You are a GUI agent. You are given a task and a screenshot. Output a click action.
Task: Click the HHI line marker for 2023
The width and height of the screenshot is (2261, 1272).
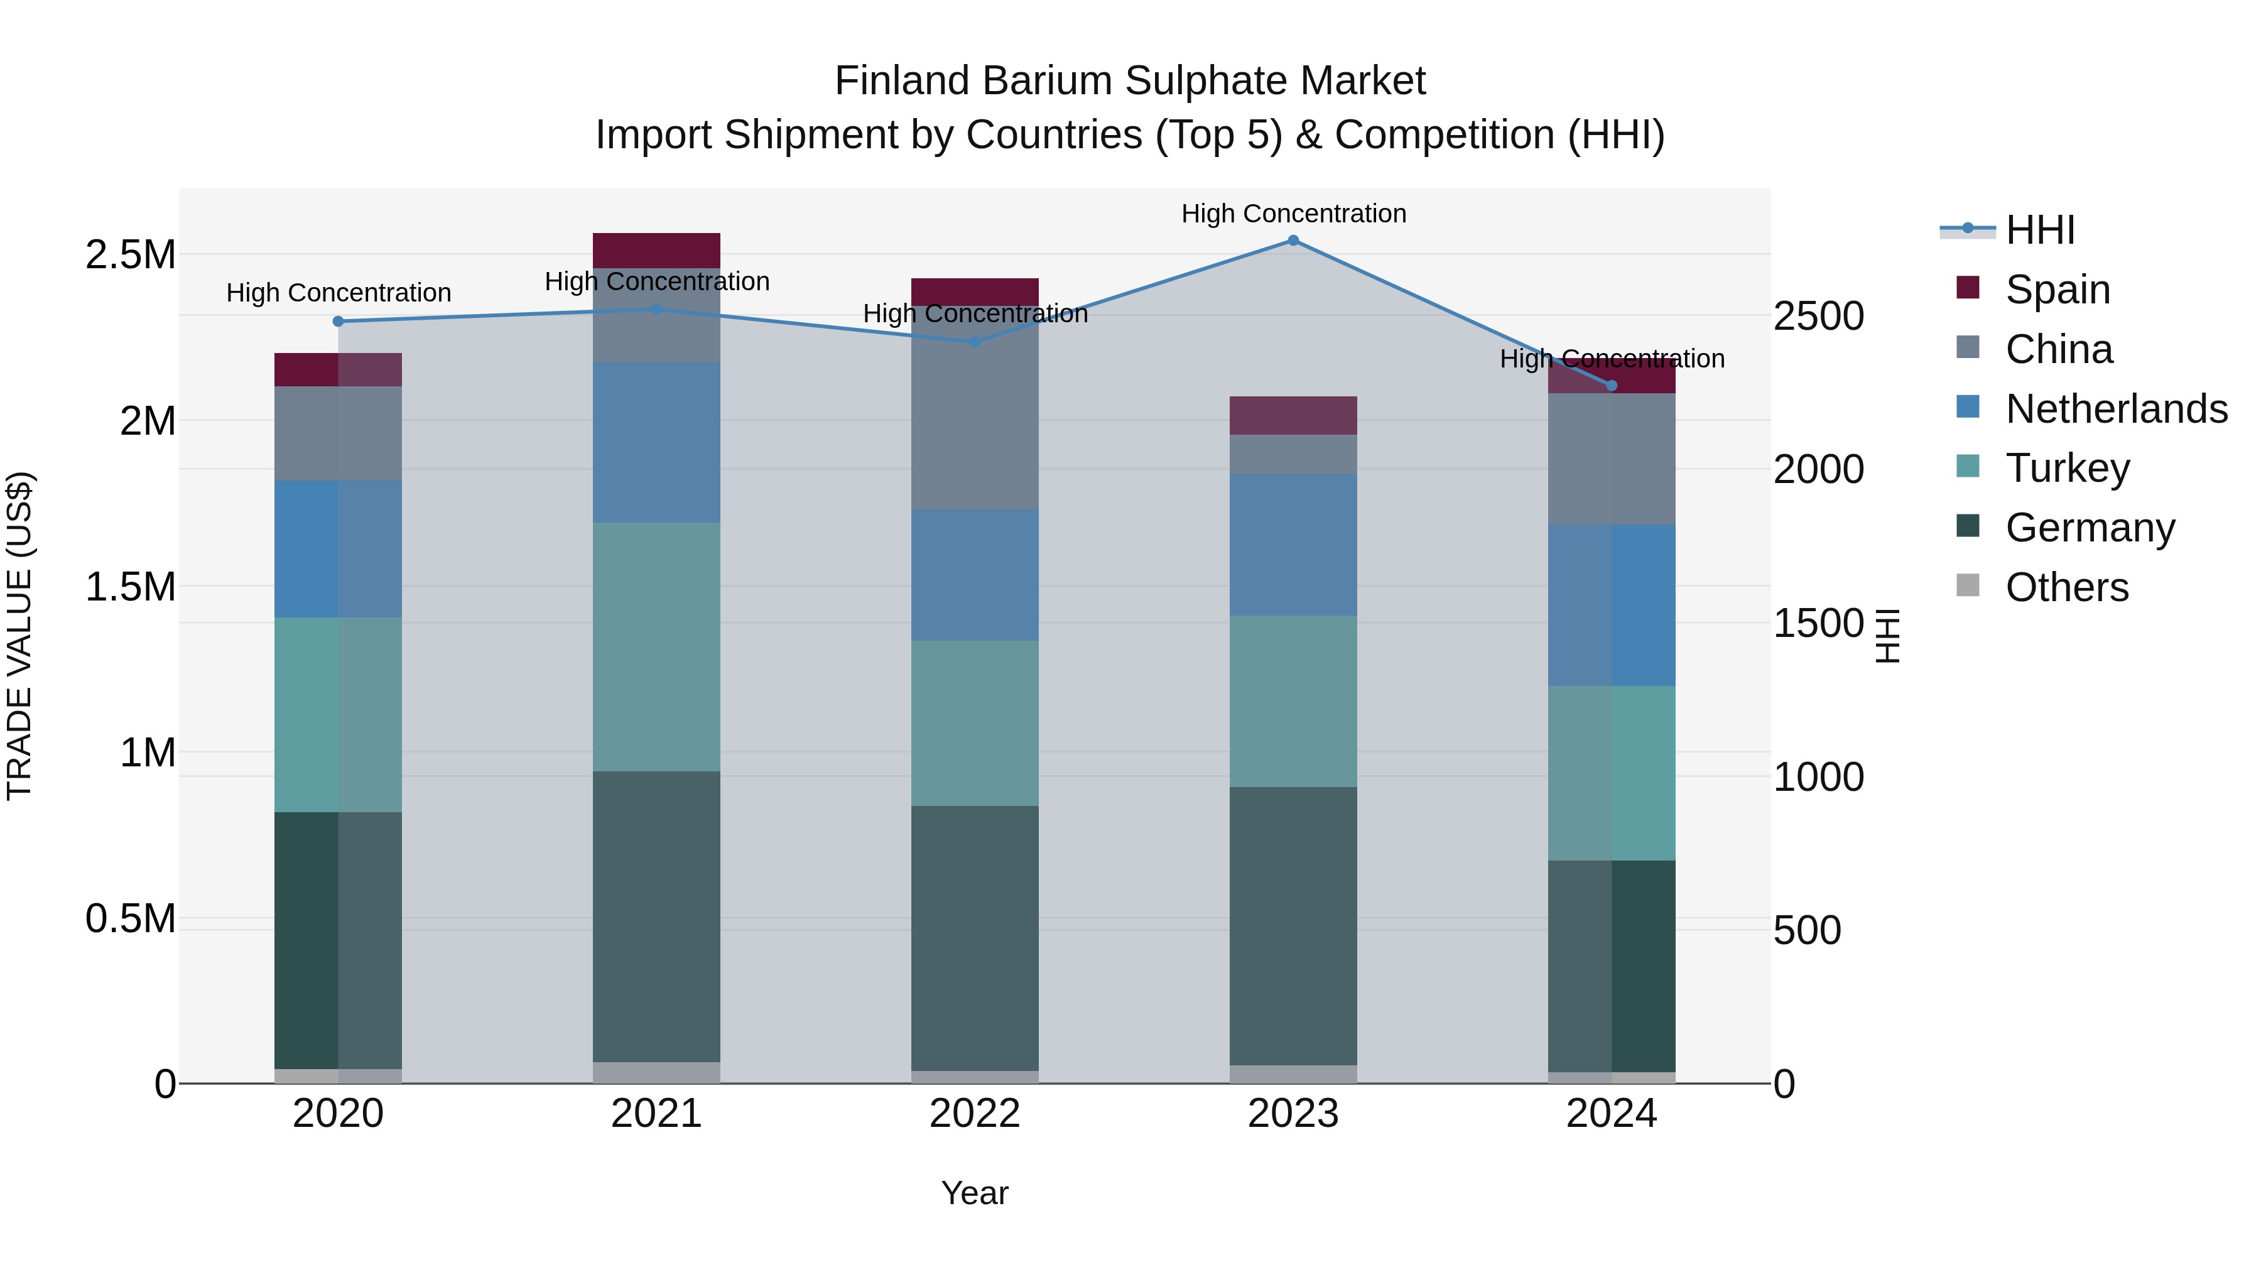(1293, 241)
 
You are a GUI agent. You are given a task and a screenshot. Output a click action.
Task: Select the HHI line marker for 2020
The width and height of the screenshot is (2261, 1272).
(339, 321)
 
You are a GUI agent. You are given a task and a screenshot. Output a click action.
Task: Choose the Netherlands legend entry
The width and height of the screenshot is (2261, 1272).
(2115, 409)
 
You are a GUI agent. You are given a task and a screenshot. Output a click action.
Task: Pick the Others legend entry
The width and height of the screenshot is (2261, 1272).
(2066, 587)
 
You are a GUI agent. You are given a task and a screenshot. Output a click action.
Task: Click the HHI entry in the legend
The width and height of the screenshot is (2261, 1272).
(2040, 230)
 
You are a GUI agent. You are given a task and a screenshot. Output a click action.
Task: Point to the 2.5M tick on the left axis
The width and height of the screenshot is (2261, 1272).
(130, 254)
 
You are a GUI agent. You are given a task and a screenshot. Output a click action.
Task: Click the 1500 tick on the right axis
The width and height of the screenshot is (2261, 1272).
(1818, 623)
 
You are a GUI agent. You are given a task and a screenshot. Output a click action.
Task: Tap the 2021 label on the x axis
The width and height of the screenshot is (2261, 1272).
(656, 1114)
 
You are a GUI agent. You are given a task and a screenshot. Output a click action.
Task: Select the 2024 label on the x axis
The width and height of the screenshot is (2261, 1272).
(1612, 1114)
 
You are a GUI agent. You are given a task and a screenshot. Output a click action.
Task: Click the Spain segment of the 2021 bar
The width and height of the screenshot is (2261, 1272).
(656, 250)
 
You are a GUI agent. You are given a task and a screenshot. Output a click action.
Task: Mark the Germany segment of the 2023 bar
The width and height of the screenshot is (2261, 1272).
(1293, 926)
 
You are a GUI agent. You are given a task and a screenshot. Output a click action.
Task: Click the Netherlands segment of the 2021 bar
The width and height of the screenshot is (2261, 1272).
(656, 442)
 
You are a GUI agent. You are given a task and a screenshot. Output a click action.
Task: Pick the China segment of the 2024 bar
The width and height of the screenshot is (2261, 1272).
(1612, 459)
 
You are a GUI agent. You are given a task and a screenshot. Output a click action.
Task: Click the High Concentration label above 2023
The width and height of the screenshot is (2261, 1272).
(1294, 214)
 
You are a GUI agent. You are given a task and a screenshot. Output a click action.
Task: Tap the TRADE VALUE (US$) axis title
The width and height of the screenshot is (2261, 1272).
(19, 636)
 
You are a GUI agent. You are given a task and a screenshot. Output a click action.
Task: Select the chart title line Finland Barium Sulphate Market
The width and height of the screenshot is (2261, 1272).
(1130, 81)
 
